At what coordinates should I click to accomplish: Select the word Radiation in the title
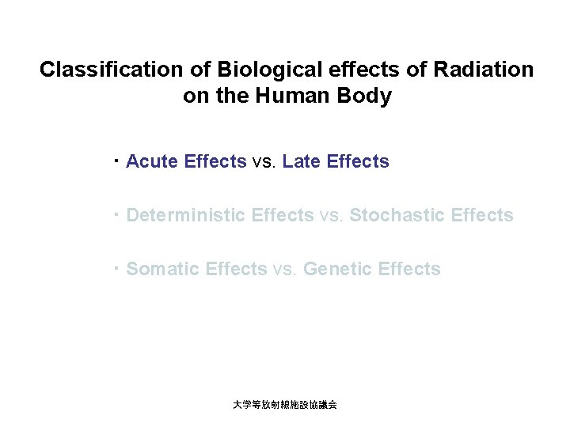[484, 70]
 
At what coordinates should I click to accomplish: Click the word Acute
[152, 162]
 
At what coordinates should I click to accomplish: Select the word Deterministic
[186, 215]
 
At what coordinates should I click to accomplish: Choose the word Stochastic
[397, 215]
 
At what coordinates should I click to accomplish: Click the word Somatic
[162, 269]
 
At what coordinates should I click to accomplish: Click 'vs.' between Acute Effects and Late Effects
[264, 162]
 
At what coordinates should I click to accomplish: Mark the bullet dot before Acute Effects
[116, 161]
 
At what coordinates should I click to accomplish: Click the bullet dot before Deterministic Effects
[116, 213]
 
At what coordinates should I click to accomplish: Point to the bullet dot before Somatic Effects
[116, 267]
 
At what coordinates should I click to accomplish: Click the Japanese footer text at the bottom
[284, 404]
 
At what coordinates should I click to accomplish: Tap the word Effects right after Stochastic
[482, 215]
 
